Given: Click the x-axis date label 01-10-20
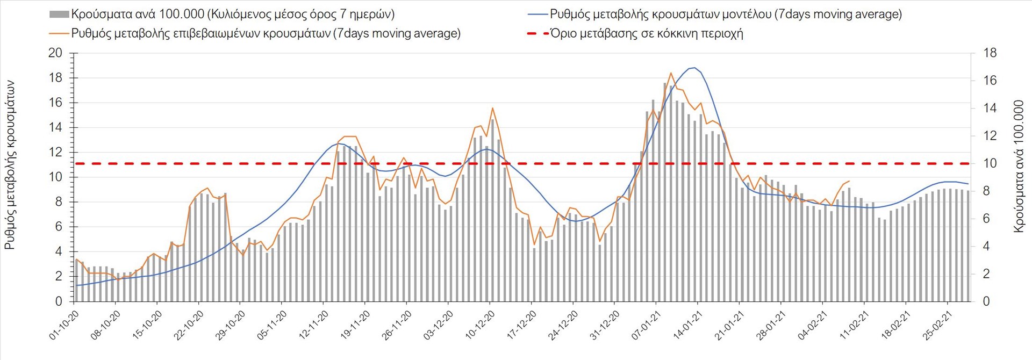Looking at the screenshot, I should [x=64, y=325].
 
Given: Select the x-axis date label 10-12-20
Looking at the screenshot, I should [x=480, y=325].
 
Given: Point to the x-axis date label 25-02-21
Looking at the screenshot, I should [x=937, y=325].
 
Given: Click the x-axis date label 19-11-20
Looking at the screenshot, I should [x=355, y=325].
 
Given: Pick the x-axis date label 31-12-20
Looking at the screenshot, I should [x=605, y=325].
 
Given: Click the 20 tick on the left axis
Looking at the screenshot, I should [x=55, y=53].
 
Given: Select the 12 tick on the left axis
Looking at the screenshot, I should [x=55, y=153].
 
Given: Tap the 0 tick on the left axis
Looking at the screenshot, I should [x=59, y=301].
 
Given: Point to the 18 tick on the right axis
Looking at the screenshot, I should [x=990, y=53].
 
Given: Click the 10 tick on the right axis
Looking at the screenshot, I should [x=990, y=163].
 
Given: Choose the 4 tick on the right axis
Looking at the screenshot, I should [x=986, y=246].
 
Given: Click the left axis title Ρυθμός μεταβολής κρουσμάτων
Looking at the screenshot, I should [x=10, y=165].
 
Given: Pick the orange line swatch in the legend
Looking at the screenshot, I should [x=59, y=33].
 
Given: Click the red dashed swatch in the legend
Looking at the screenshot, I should [x=537, y=33].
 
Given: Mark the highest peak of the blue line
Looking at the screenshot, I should [x=694, y=68].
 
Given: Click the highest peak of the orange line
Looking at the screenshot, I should [x=671, y=73].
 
